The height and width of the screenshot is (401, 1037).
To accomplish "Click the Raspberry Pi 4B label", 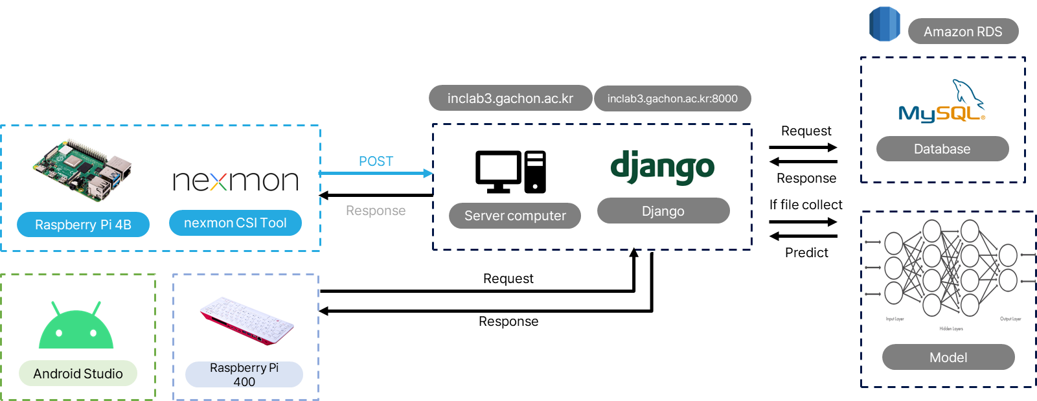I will [x=83, y=225].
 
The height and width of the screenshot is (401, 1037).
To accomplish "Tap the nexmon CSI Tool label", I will [x=235, y=223].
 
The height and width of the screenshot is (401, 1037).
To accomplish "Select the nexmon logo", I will [x=236, y=181].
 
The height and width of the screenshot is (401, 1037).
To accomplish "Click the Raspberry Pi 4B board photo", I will [x=84, y=168].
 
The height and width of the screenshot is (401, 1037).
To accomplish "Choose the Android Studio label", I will [x=78, y=373].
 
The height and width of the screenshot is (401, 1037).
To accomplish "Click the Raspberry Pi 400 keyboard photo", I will [x=247, y=320].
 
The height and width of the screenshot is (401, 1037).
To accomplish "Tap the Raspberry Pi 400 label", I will [x=244, y=374].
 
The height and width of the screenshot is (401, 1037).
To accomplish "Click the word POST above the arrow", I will [x=376, y=161].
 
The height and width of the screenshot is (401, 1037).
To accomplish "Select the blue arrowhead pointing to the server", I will [x=427, y=173].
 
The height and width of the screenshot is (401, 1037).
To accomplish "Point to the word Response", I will [x=376, y=211].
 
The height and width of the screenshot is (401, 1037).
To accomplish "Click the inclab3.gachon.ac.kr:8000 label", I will [x=672, y=98].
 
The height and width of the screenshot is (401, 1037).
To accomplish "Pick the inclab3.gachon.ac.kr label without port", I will [x=510, y=98].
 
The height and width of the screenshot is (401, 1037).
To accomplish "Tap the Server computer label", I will [x=515, y=216].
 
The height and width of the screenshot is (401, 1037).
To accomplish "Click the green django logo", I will [x=662, y=168].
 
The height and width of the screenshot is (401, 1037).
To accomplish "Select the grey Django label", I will [x=663, y=211].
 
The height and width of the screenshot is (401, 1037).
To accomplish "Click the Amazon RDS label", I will [x=963, y=32].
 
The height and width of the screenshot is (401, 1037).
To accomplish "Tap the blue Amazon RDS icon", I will [x=884, y=25].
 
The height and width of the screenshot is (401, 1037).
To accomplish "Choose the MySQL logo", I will [x=941, y=102].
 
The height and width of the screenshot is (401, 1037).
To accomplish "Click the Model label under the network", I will [x=948, y=357].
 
